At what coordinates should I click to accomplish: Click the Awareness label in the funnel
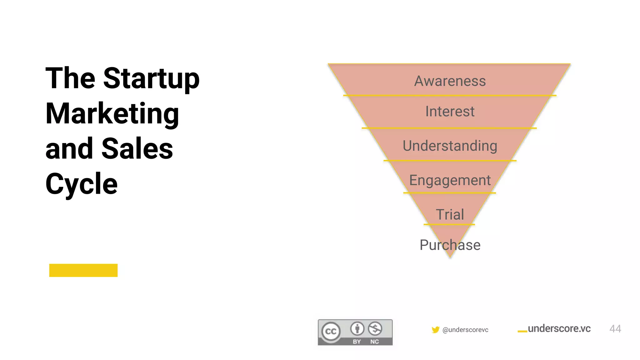[450, 81]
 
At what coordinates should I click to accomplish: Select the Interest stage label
[450, 112]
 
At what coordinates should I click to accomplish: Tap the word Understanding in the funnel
[450, 146]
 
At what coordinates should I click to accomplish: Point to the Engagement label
[450, 180]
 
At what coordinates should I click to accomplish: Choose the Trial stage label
[450, 215]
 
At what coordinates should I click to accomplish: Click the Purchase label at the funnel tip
[450, 245]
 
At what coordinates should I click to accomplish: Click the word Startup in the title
[151, 79]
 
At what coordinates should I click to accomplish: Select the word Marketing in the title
[112, 114]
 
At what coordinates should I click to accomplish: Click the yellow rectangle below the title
[83, 270]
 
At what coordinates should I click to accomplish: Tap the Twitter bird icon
[435, 330]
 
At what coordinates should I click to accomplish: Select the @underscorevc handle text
[465, 330]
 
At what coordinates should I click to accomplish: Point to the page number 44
[615, 329]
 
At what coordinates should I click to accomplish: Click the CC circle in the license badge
[331, 332]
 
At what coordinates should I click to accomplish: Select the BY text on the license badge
[357, 342]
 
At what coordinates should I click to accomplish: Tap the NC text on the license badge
[374, 342]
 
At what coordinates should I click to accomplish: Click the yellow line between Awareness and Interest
[450, 95]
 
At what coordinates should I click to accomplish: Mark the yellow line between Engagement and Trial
[450, 193]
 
